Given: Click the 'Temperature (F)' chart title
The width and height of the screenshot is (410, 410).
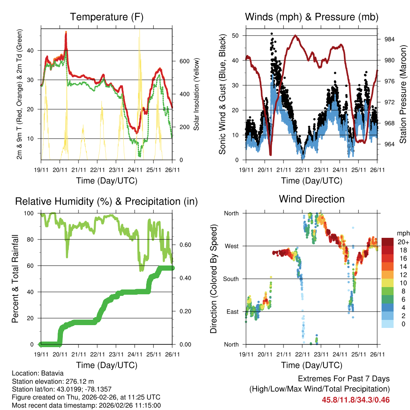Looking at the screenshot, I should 107,17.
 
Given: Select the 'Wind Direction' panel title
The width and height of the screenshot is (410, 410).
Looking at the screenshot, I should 312,199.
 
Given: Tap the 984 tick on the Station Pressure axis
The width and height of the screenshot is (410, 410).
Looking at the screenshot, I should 390,40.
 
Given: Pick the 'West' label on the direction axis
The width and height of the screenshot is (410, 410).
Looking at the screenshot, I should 231,246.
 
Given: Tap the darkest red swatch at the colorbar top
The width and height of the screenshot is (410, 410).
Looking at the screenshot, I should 387,242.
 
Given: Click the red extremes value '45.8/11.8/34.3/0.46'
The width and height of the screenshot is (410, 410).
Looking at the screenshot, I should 356,400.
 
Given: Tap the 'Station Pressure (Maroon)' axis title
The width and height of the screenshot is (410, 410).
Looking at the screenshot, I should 403,94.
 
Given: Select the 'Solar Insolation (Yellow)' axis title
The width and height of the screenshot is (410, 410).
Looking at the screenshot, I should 196,94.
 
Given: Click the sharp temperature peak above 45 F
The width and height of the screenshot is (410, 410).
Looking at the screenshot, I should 66,32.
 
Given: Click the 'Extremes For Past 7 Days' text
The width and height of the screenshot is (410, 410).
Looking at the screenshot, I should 344,379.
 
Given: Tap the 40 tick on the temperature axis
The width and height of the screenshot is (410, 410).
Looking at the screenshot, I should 32,50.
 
